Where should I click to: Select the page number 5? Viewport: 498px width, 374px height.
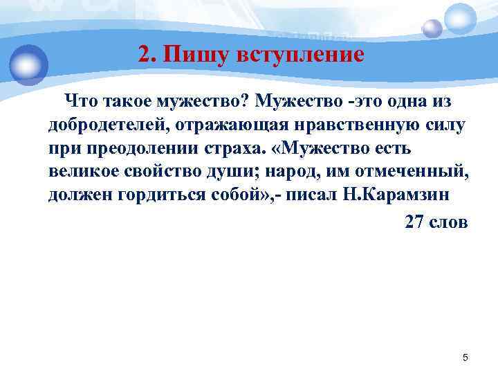pyautogui.click(x=465, y=357)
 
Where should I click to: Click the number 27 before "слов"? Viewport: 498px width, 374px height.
pyautogui.click(x=414, y=222)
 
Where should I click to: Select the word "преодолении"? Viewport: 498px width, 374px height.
pyautogui.click(x=139, y=148)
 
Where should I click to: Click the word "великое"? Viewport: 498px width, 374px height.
pyautogui.click(x=80, y=171)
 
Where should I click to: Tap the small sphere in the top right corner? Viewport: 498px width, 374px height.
pyautogui.click(x=432, y=28)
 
